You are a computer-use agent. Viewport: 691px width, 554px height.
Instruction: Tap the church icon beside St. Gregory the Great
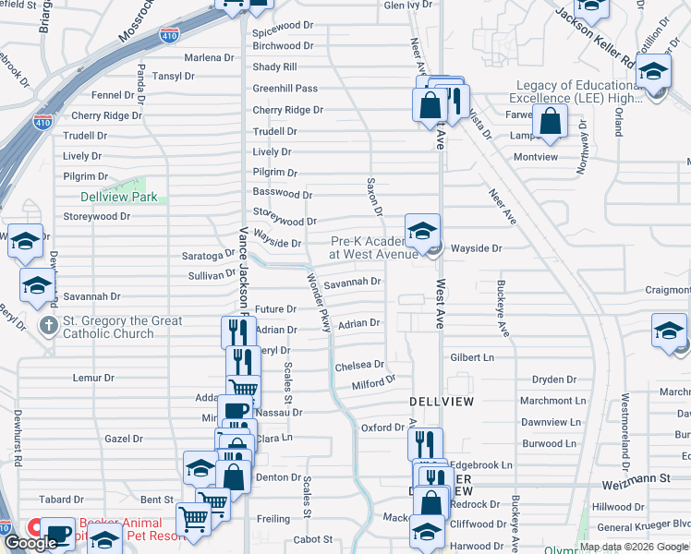tap(49, 326)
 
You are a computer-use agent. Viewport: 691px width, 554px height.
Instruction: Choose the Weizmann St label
tap(658, 478)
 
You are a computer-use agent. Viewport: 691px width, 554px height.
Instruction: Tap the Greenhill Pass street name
tap(285, 89)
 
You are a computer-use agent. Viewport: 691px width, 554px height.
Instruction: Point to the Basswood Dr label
tap(283, 195)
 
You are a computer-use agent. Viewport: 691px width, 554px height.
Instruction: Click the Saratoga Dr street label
tap(212, 255)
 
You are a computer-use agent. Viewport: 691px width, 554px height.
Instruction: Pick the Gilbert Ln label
tap(472, 357)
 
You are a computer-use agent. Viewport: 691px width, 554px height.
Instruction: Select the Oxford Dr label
tap(382, 428)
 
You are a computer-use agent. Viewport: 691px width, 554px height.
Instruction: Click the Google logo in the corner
tap(31, 543)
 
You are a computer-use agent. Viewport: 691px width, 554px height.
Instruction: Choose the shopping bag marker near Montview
tap(550, 122)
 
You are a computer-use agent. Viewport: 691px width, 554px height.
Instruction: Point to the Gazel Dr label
tap(124, 440)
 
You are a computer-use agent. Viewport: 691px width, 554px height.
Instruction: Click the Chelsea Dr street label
tap(359, 366)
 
